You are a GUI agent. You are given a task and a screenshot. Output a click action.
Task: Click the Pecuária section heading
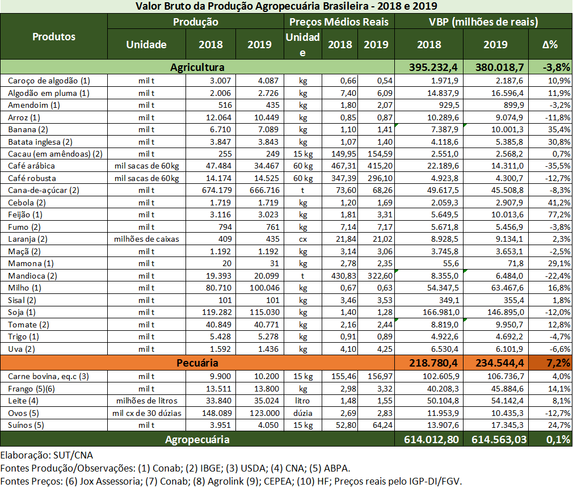195,362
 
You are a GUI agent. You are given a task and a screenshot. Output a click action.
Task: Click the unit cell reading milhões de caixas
146,239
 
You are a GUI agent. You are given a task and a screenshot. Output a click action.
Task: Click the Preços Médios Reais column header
339,22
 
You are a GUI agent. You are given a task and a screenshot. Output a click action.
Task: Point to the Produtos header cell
54,36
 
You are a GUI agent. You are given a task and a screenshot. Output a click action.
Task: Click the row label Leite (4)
23,401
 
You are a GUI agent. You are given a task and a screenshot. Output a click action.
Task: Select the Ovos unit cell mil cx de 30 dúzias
146,413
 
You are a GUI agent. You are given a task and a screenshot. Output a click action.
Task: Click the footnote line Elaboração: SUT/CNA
47,455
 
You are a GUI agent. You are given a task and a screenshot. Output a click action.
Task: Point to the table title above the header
286,6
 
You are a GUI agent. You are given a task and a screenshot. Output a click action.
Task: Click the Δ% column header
550,44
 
